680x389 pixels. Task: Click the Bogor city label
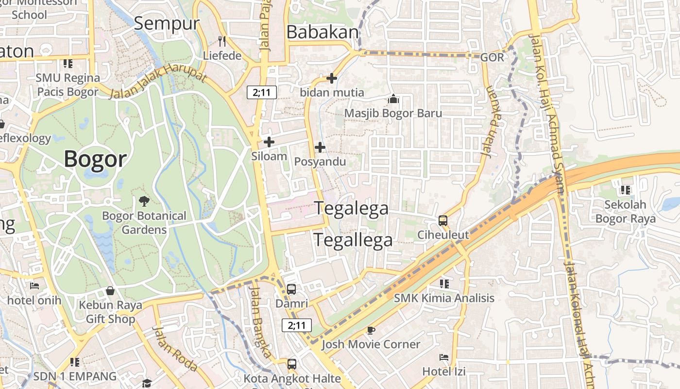point(95,159)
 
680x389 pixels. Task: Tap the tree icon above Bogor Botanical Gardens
point(144,201)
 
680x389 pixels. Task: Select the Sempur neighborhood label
point(167,23)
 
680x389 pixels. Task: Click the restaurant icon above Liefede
point(222,41)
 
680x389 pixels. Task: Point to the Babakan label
point(323,32)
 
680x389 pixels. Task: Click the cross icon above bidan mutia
point(332,78)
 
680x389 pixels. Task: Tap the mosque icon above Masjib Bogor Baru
point(393,99)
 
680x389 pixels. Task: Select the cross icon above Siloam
point(269,142)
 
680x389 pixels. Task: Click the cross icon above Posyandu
point(320,147)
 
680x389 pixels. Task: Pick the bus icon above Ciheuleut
point(443,221)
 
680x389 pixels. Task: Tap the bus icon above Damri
point(291,289)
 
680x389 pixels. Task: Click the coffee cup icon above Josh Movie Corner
point(371,331)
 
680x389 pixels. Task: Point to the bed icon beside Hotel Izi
point(444,357)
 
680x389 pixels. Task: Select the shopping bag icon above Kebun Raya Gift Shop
point(111,291)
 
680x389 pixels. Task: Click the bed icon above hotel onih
point(34,286)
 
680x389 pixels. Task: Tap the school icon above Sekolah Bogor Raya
point(625,190)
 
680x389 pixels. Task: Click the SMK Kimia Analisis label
point(444,298)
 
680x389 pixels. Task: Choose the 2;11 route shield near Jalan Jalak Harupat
point(262,92)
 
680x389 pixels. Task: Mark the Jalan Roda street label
point(174,348)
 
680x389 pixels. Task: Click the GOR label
point(492,57)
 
